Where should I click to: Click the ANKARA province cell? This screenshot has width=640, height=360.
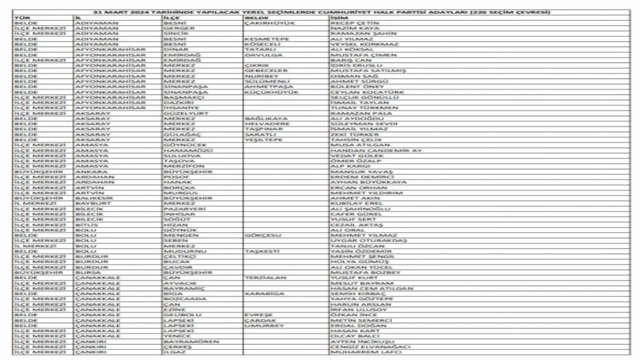coord(89,172)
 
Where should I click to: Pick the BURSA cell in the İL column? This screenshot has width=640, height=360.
coord(86,272)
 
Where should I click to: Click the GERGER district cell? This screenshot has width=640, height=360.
coord(175,28)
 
